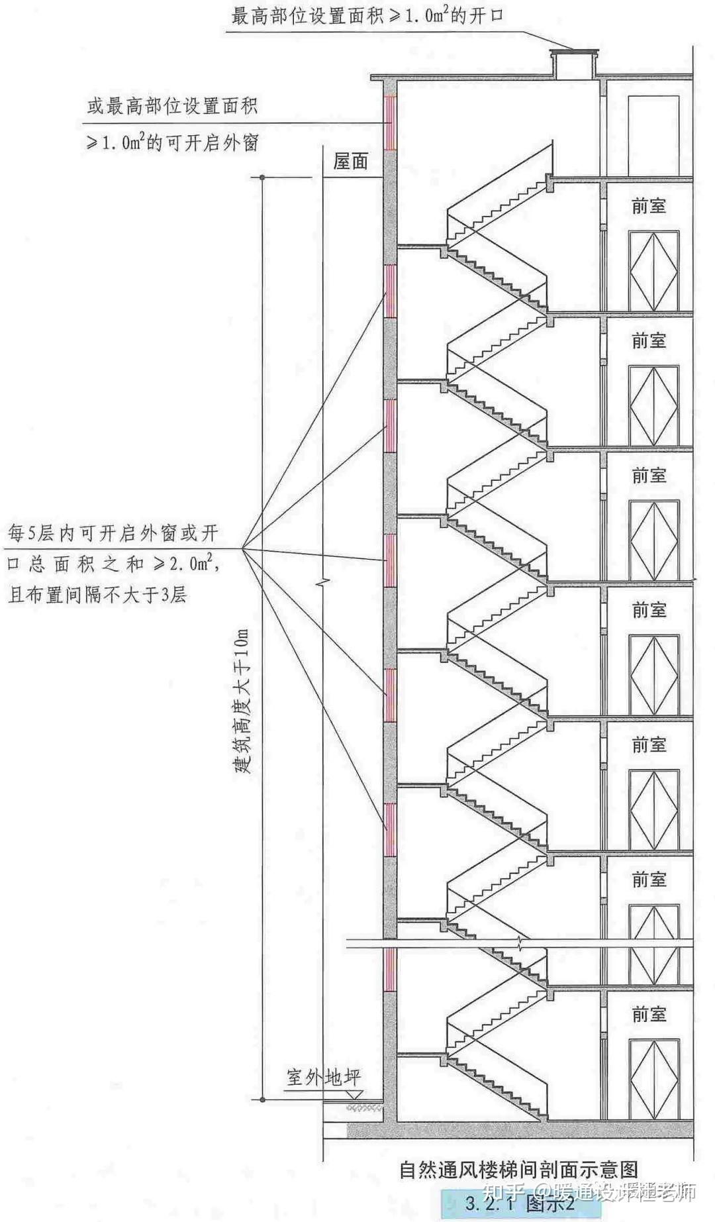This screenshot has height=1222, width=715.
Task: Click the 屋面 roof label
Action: (350, 162)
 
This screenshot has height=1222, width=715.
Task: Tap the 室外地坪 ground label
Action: (324, 1077)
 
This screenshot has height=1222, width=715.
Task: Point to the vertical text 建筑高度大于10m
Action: (243, 702)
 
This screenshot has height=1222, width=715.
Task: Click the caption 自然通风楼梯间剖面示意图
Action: (518, 1169)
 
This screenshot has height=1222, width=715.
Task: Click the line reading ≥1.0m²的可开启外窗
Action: (172, 142)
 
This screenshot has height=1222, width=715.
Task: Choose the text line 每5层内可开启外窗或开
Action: (113, 533)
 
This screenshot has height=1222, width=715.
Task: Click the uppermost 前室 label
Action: (648, 206)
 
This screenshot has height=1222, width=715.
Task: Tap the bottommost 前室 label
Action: (648, 1014)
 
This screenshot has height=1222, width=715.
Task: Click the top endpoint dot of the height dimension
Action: (263, 178)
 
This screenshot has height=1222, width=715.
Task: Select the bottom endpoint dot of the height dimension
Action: (263, 1100)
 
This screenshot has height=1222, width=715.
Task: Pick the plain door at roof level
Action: (653, 136)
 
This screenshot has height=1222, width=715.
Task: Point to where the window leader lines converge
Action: (242, 548)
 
